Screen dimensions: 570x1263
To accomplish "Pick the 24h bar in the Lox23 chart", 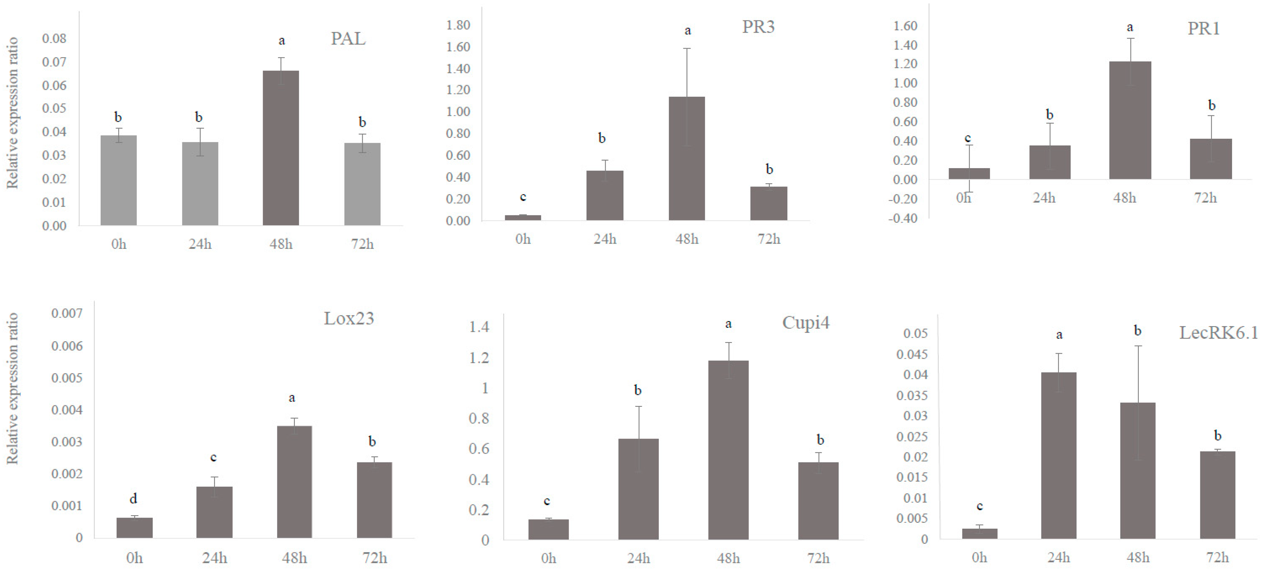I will point(214,512).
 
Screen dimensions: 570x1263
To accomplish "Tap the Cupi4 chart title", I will point(805,323).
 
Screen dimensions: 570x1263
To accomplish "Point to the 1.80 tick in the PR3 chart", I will point(458,25).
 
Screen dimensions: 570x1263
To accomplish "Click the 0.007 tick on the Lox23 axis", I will point(67,313).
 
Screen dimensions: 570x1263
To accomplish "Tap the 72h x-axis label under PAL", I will point(362,244).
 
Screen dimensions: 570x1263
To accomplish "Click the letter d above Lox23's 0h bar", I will point(133,499).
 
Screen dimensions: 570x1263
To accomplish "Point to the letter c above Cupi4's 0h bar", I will point(547,501).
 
